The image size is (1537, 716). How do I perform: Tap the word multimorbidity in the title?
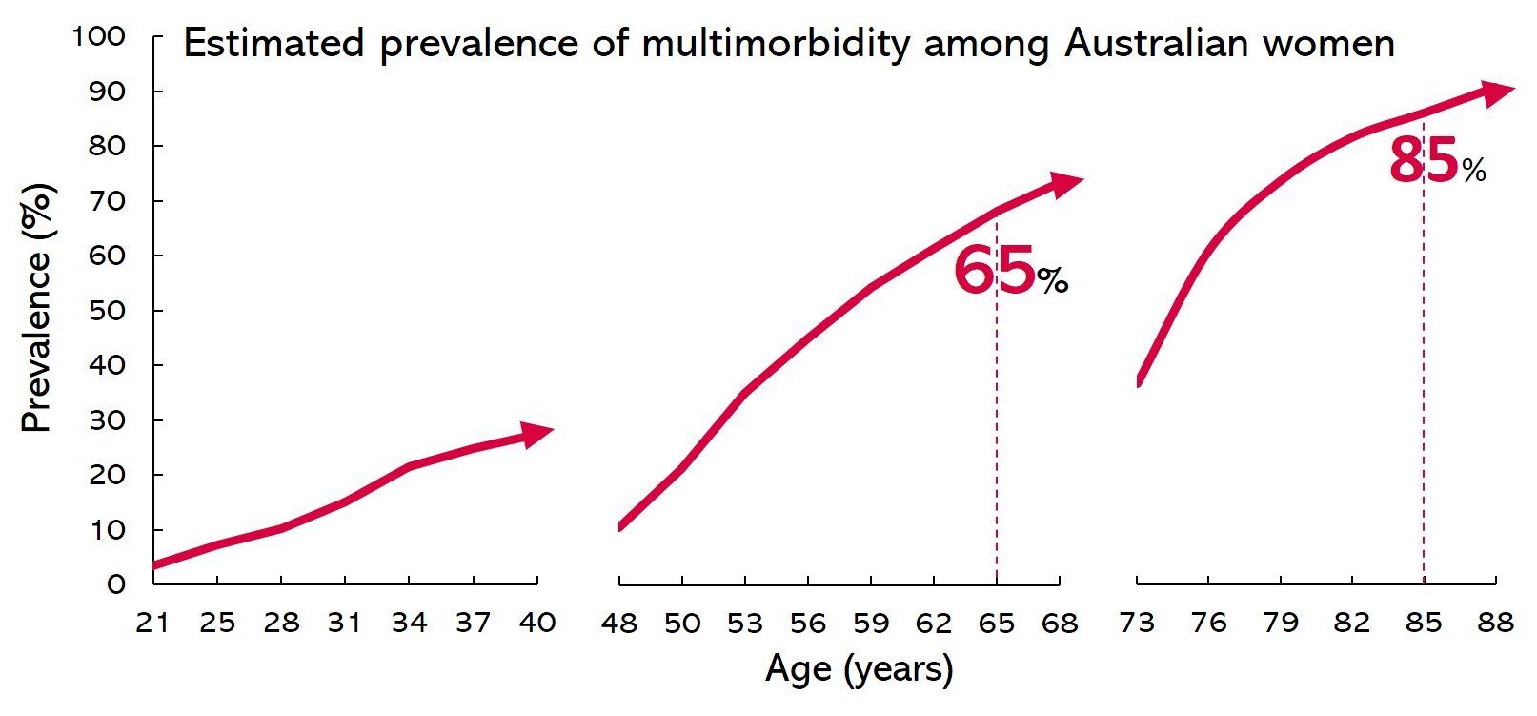tap(776, 44)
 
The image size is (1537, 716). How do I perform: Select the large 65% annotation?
tap(1009, 271)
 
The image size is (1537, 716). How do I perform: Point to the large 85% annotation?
tap(1436, 161)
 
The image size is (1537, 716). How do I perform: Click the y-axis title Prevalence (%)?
tap(37, 308)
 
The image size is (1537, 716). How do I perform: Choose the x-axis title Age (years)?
tap(859, 669)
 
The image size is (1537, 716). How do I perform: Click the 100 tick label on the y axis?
tap(98, 36)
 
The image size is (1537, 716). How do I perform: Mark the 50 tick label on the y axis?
tap(107, 311)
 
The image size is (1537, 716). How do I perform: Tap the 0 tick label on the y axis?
tap(115, 584)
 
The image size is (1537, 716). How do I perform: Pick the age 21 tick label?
tap(153, 624)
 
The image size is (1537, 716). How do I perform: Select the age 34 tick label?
tap(409, 624)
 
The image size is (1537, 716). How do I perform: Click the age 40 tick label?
tap(537, 624)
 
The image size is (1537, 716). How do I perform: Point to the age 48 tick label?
tap(619, 624)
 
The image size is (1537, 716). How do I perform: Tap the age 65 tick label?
tap(997, 624)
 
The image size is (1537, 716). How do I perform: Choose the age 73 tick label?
tap(1137, 624)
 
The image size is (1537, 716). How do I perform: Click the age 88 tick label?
tap(1495, 624)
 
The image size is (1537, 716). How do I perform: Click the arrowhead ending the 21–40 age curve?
tap(536, 433)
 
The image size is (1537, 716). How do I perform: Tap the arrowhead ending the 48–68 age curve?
tap(1065, 182)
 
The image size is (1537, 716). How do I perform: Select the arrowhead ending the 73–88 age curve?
tap(1496, 92)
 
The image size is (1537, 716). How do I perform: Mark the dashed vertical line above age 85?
tap(1424, 381)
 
